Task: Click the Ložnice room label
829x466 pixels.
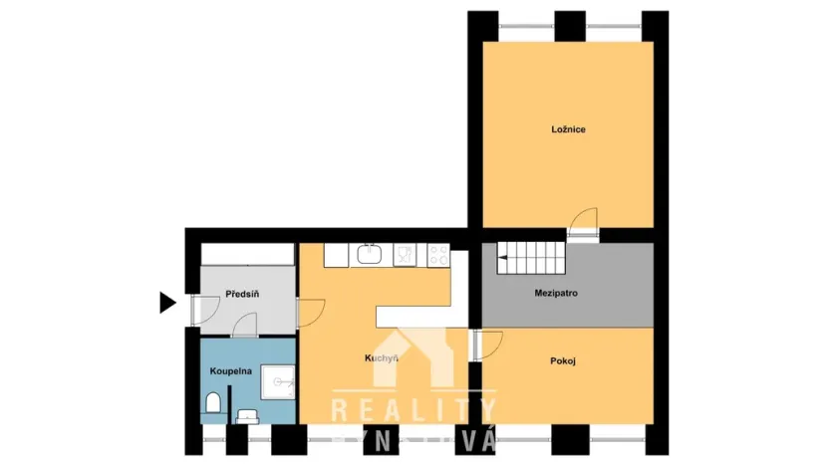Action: pyautogui.click(x=568, y=128)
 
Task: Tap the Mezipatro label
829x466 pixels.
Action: pyautogui.click(x=557, y=294)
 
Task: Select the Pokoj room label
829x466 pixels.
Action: pyautogui.click(x=563, y=360)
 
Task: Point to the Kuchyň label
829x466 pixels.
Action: pyautogui.click(x=381, y=358)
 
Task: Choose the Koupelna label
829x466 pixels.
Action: pyautogui.click(x=230, y=370)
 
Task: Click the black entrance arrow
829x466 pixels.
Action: pyautogui.click(x=167, y=303)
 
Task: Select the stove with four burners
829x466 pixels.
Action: pyautogui.click(x=437, y=255)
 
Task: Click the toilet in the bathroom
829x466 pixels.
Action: pyautogui.click(x=212, y=402)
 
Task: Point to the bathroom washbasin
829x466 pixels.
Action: pyautogui.click(x=247, y=414)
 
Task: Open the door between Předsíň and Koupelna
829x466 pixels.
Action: pyautogui.click(x=245, y=326)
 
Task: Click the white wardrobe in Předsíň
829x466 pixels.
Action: pyautogui.click(x=246, y=255)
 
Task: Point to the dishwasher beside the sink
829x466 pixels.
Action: pyautogui.click(x=404, y=255)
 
